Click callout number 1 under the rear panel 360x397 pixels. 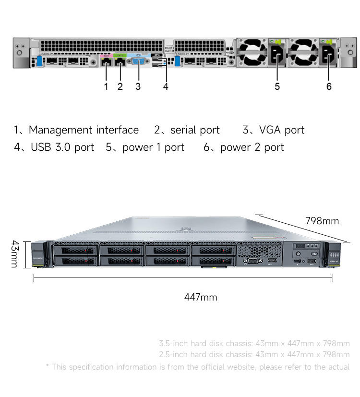pyautogui.click(x=106, y=86)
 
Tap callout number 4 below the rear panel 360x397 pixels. pyautogui.click(x=166, y=86)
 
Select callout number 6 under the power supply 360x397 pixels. pyautogui.click(x=329, y=86)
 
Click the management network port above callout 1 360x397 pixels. pyautogui.click(x=106, y=61)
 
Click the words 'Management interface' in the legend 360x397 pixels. pyautogui.click(x=84, y=130)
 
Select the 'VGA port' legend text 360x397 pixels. pyautogui.click(x=281, y=130)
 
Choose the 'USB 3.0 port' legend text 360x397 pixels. pyautogui.click(x=62, y=147)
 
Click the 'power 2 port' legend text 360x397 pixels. pyautogui.click(x=252, y=147)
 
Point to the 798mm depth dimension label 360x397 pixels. pyautogui.click(x=322, y=221)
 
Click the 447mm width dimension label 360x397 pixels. pyautogui.click(x=201, y=298)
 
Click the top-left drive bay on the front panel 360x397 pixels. pyautogui.click(x=75, y=250)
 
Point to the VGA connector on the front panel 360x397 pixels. pyautogui.click(x=255, y=261)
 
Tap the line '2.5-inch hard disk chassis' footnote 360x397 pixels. pyautogui.click(x=254, y=355)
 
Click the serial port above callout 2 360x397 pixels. pyautogui.click(x=120, y=61)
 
